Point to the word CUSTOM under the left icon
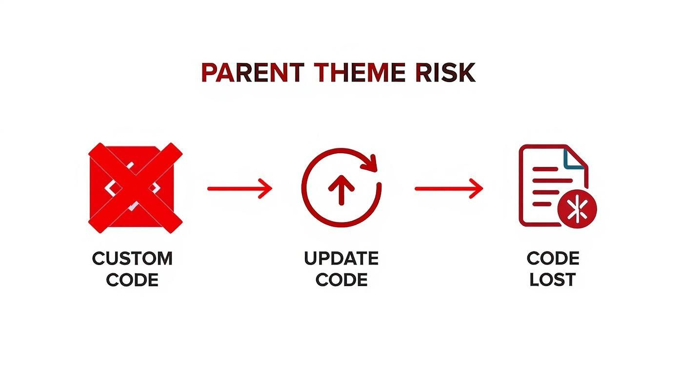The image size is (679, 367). coord(132,258)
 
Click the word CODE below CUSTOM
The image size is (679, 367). coord(132,280)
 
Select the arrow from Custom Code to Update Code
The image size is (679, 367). coord(239,188)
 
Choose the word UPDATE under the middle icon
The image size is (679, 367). coord(341,258)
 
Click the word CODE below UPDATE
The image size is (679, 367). coord(341,280)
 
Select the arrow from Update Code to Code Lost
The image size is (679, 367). coord(448,188)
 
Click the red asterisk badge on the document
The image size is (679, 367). coord(577,211)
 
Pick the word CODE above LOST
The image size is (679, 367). coord(553,258)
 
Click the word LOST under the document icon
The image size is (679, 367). coord(553,280)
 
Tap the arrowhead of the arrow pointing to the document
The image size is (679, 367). coord(476,188)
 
